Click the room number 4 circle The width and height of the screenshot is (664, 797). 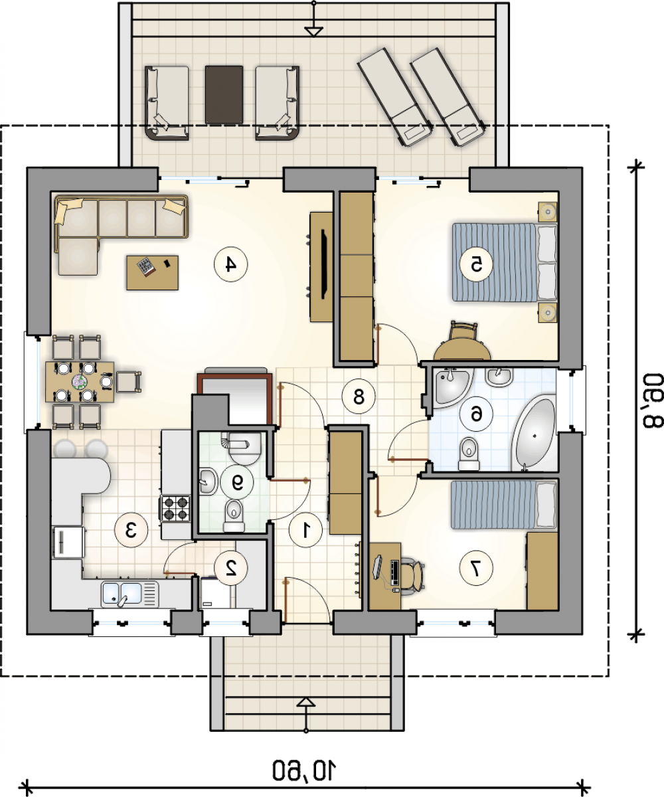click(x=230, y=264)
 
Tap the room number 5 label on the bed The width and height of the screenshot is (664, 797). click(x=476, y=264)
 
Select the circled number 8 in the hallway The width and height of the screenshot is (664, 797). click(x=359, y=397)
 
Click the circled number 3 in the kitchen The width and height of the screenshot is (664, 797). click(x=131, y=531)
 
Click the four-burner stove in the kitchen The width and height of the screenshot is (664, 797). click(x=175, y=508)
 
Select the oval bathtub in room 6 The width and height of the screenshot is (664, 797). click(x=533, y=433)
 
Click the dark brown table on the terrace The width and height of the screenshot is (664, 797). click(x=224, y=95)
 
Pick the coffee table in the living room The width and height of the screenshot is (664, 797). click(x=153, y=272)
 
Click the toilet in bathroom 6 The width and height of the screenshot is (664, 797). click(x=469, y=454)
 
